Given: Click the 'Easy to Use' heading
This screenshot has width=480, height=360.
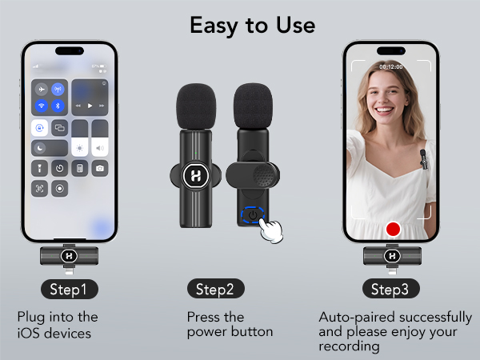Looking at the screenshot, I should (252, 24).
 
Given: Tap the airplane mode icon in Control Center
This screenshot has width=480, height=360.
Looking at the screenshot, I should (41, 90).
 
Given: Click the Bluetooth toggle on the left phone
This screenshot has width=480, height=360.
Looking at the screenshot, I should (58, 106).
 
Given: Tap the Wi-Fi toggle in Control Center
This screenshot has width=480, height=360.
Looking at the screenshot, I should (41, 106).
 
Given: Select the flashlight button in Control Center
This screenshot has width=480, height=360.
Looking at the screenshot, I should (41, 168).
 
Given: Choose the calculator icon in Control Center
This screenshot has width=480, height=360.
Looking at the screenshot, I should (79, 168).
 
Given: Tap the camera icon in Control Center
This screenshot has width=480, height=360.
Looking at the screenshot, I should (99, 168).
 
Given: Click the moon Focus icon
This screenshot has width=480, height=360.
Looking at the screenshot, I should (41, 147).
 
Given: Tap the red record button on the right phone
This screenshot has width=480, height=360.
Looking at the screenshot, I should (392, 230).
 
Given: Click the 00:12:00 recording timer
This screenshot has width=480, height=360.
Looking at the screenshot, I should (391, 66).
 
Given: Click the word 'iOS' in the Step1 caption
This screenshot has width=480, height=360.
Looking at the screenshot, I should (28, 331).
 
